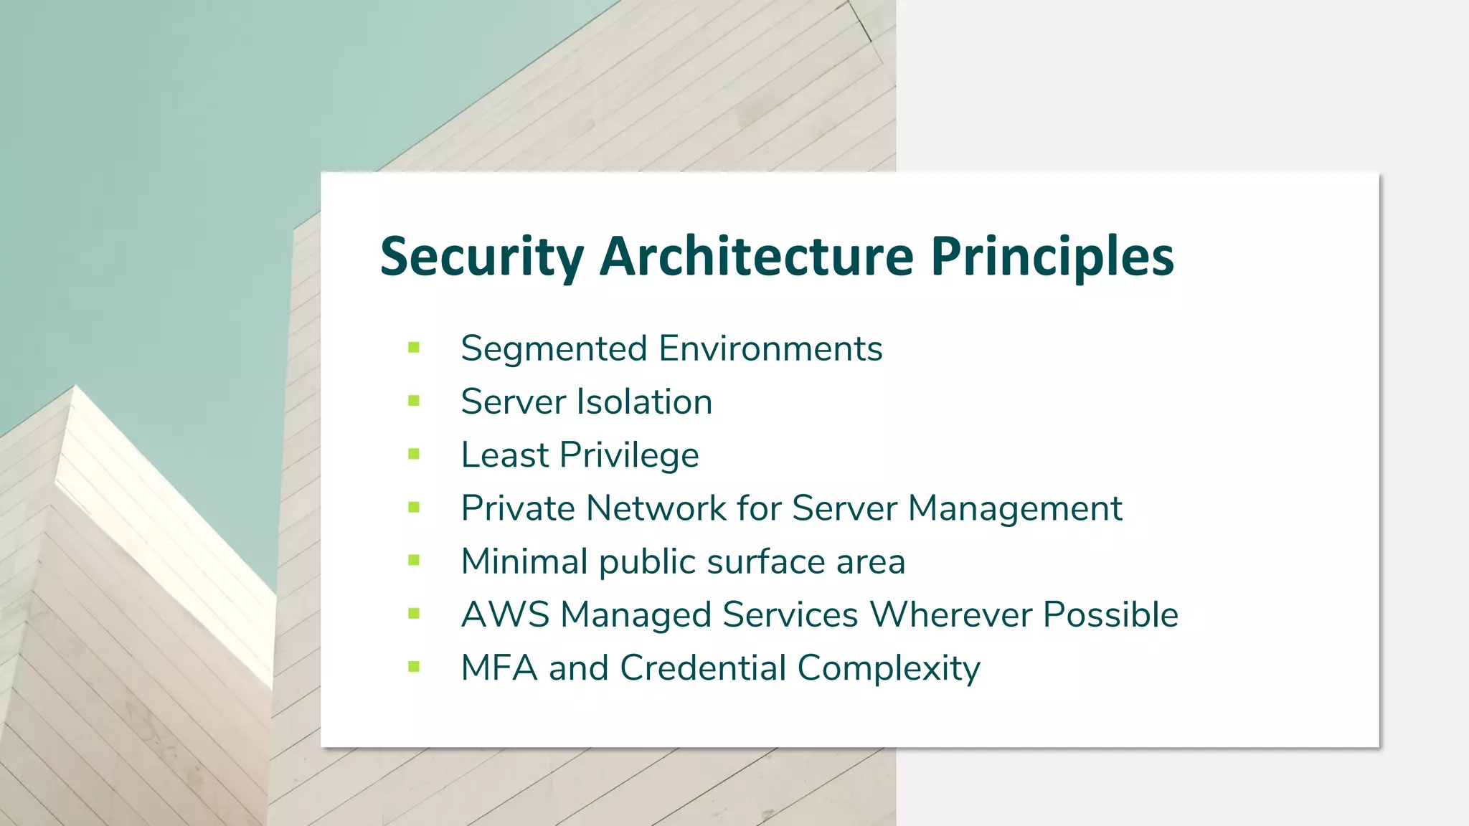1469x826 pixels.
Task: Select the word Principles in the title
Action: coord(1052,257)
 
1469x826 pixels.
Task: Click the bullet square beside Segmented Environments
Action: coord(414,348)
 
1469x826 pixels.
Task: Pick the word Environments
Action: coord(770,349)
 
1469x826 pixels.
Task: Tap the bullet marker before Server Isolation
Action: coord(414,401)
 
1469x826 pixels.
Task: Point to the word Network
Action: coord(656,508)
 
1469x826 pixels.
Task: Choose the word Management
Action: coord(1015,509)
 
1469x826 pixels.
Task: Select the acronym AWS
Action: coord(505,614)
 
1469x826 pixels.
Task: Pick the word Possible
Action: coord(1110,614)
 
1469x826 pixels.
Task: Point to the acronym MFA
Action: coord(499,668)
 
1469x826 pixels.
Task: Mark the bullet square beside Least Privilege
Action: coord(414,454)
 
